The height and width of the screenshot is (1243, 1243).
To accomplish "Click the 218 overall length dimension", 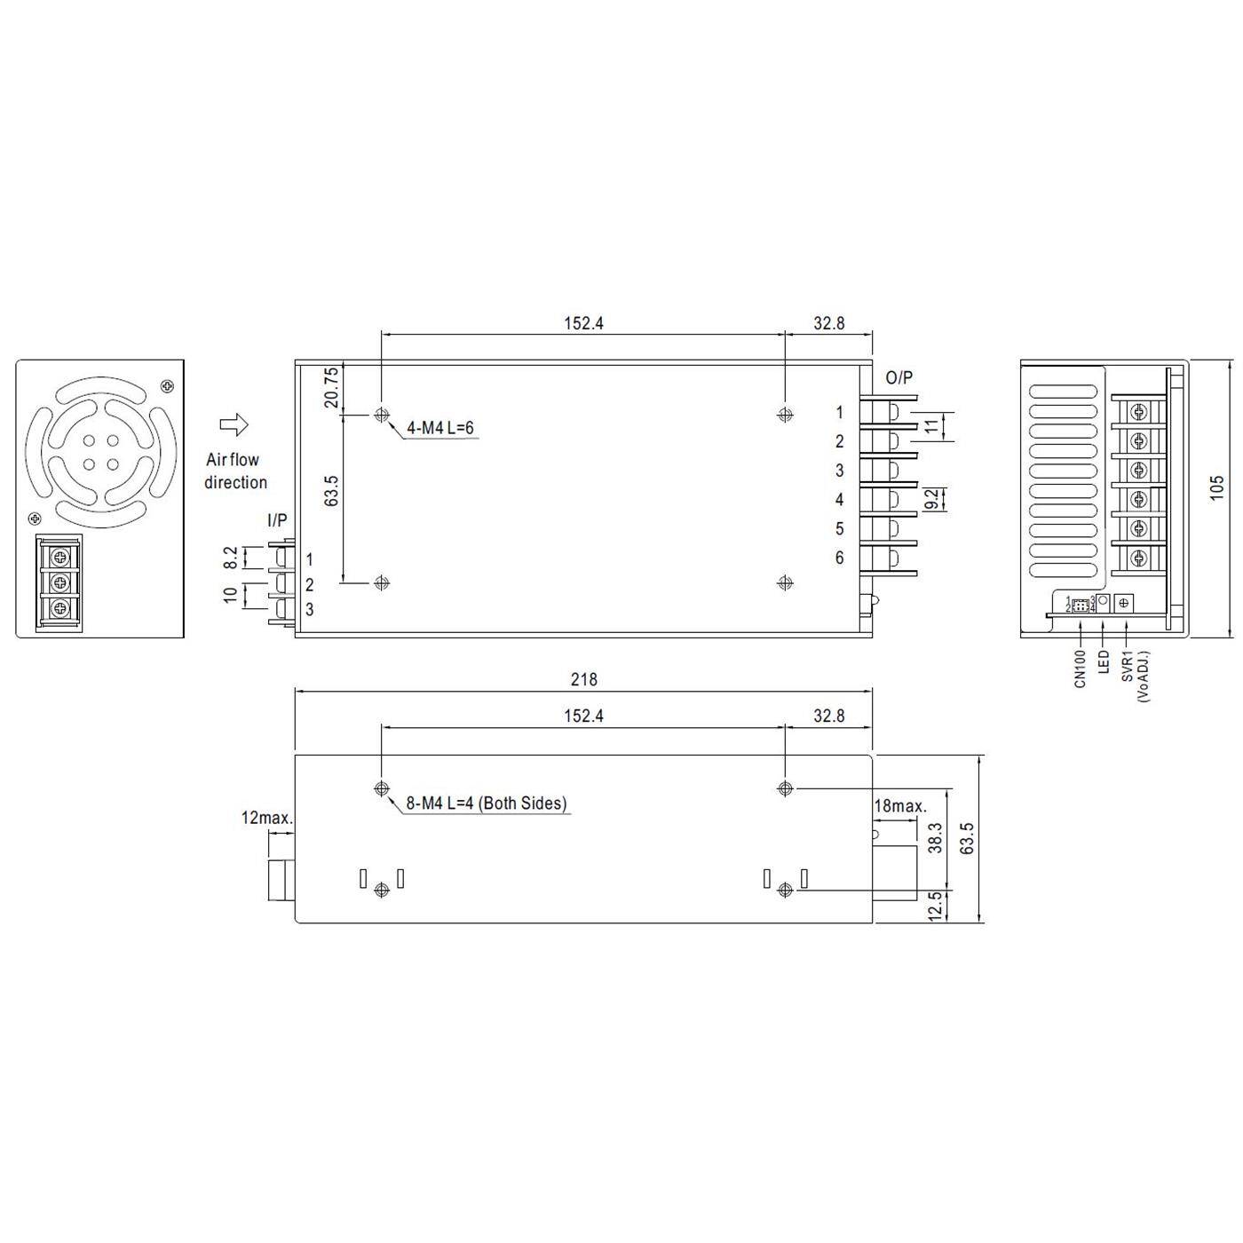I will click(583, 679).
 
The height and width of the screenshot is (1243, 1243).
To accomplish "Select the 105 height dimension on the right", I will click(1216, 487).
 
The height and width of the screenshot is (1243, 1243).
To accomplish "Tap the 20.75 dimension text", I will click(331, 387).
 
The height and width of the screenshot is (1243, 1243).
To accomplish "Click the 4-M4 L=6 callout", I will click(439, 428).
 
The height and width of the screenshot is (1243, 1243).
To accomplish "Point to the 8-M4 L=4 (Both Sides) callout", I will click(486, 803).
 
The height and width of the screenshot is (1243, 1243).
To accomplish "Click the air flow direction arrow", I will click(234, 425).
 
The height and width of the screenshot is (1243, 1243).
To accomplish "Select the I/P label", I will click(277, 521).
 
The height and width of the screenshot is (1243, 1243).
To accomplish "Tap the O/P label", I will click(899, 377).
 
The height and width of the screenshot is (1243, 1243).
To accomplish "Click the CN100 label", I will click(1081, 668).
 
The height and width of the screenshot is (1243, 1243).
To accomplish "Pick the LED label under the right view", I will click(1104, 661).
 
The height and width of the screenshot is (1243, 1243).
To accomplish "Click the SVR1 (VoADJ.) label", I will click(1134, 675).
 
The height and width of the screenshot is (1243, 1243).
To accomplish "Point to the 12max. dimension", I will click(266, 818).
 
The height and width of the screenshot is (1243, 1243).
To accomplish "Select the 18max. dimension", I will click(900, 806).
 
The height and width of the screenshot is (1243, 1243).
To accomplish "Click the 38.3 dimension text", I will click(935, 837).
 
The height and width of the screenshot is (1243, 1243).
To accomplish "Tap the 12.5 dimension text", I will click(935, 907).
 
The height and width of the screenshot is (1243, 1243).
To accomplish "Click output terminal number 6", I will click(839, 558).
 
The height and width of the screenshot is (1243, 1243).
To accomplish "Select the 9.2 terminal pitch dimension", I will click(931, 499).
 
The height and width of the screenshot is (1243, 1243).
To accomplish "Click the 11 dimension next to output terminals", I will click(931, 425).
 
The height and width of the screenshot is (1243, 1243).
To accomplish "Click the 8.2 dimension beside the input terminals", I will click(231, 558).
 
